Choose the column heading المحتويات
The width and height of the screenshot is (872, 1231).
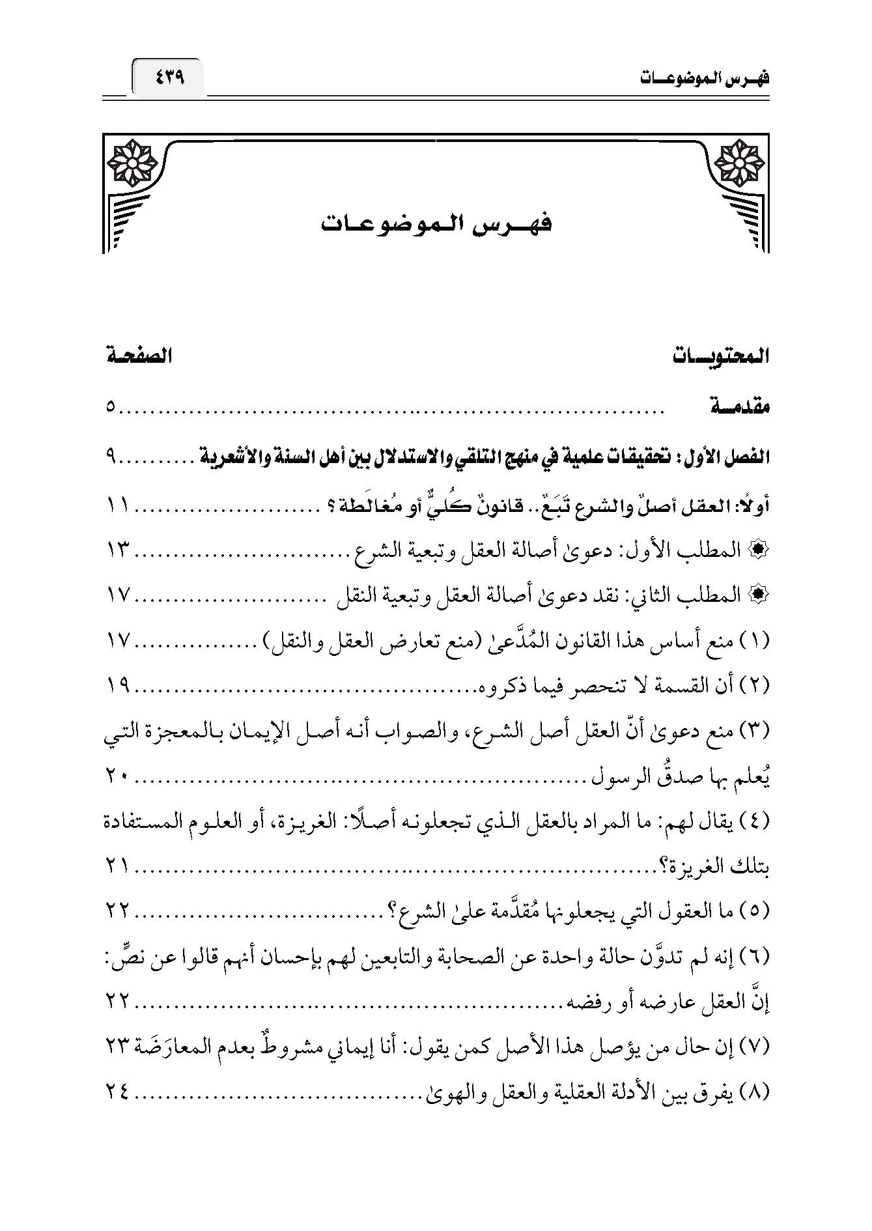point(720,357)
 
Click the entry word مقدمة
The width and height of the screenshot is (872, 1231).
point(738,408)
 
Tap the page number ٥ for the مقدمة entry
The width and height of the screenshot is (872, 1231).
point(111,408)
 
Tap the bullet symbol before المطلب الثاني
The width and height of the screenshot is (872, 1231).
point(761,597)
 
